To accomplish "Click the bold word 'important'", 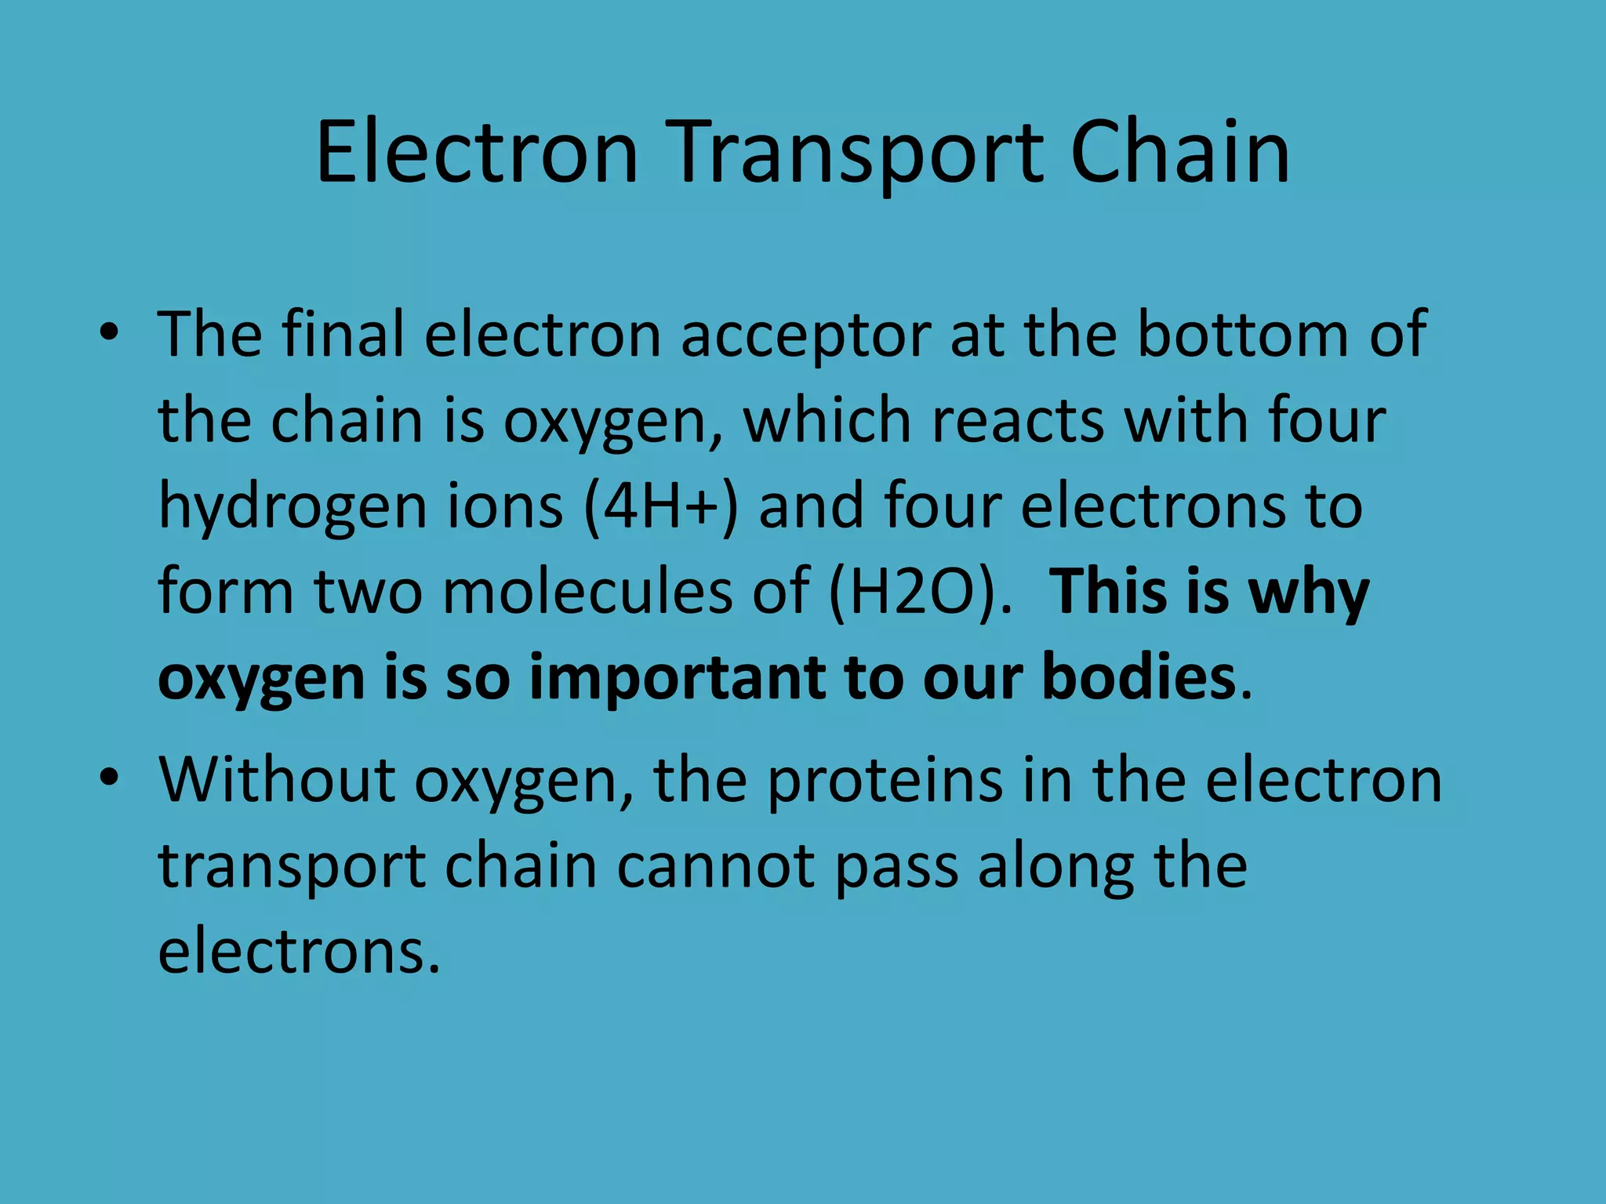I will coord(677,677).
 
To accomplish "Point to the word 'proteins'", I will coord(885,782).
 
